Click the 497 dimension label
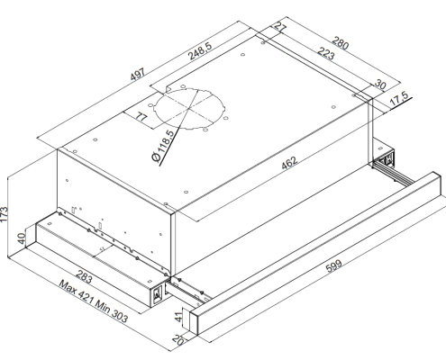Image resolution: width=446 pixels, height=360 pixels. coord(138,75)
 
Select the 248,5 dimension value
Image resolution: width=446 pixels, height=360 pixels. coord(200,51)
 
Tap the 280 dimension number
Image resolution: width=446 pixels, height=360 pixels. coord(341,43)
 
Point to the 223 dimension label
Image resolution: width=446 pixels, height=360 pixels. coord(326,53)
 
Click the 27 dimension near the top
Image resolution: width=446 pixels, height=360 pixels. coord(280,27)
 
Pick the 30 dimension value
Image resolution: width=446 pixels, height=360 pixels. coord(379,85)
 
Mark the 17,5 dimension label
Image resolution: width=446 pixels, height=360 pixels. coord(399,98)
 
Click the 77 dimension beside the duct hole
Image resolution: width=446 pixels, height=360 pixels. coord(141,116)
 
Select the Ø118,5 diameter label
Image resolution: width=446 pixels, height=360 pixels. coord(163,146)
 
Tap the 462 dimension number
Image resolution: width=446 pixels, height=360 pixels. coord(289,162)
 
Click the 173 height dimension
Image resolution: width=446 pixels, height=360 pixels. coord(4,214)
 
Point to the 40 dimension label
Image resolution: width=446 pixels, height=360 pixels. coord(22,238)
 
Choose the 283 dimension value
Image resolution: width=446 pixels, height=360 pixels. coord(84,276)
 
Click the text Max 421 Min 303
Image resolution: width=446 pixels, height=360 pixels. coord(93,301)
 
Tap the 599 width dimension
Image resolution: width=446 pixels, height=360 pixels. coord(333,265)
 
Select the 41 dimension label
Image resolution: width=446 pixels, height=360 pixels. coord(179,317)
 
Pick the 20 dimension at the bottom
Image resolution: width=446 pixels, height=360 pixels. coord(178,339)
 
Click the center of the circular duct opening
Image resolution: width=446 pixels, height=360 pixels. coord(189,108)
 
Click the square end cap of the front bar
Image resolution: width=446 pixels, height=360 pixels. coord(194,321)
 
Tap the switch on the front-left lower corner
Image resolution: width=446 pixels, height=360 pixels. coord(158,294)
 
